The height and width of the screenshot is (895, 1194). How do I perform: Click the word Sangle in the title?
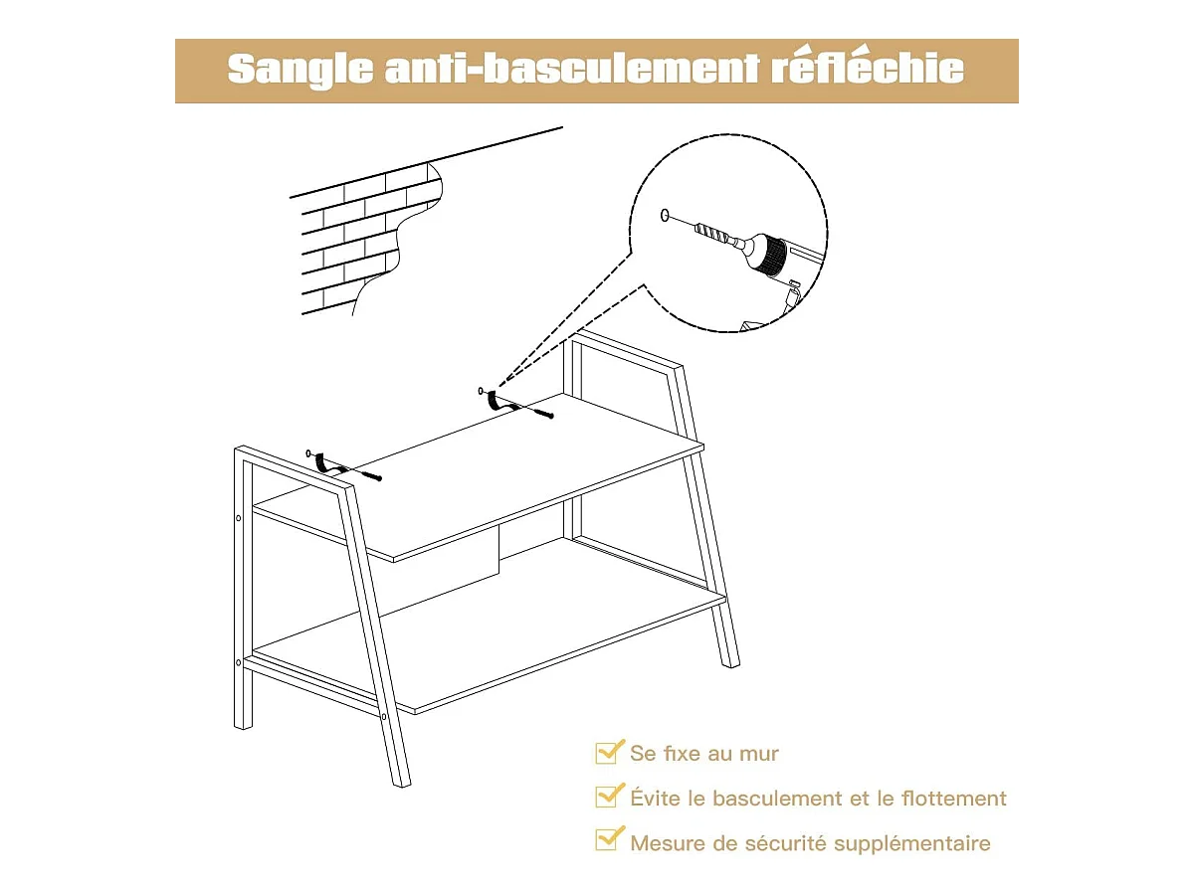300,70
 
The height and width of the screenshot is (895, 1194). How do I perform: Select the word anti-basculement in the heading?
572,69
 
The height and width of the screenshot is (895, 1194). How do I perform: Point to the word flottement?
953,799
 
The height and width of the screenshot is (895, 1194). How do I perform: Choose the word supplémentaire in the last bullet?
911,844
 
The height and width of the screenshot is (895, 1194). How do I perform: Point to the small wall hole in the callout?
665,215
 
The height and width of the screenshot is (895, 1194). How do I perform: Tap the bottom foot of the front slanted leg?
401,783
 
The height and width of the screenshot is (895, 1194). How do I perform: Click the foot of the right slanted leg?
730,663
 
